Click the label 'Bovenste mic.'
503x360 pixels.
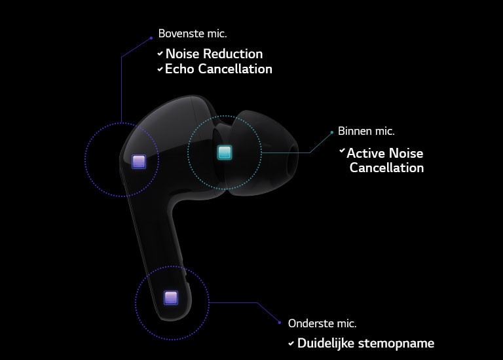(x=193, y=33)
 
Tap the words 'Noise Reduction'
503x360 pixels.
(x=214, y=54)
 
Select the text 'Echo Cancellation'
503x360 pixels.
(x=219, y=69)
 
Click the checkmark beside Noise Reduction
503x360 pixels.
(x=160, y=54)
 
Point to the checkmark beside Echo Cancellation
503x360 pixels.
(x=160, y=69)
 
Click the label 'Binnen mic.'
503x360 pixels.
(x=366, y=131)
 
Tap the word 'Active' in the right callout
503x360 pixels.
(x=366, y=153)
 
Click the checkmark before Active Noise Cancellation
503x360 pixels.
(x=342, y=151)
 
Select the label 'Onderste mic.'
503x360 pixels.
(x=322, y=323)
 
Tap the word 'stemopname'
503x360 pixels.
(x=396, y=344)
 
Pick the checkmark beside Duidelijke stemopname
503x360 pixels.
(x=291, y=344)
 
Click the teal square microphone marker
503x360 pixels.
(x=225, y=153)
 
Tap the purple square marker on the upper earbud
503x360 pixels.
(x=139, y=161)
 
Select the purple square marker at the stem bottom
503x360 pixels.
(x=171, y=298)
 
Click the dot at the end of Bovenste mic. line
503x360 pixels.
(x=151, y=38)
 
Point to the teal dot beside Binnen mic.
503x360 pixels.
(x=331, y=132)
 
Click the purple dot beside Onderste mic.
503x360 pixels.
(x=280, y=323)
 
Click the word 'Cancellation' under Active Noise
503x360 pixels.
(x=386, y=168)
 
